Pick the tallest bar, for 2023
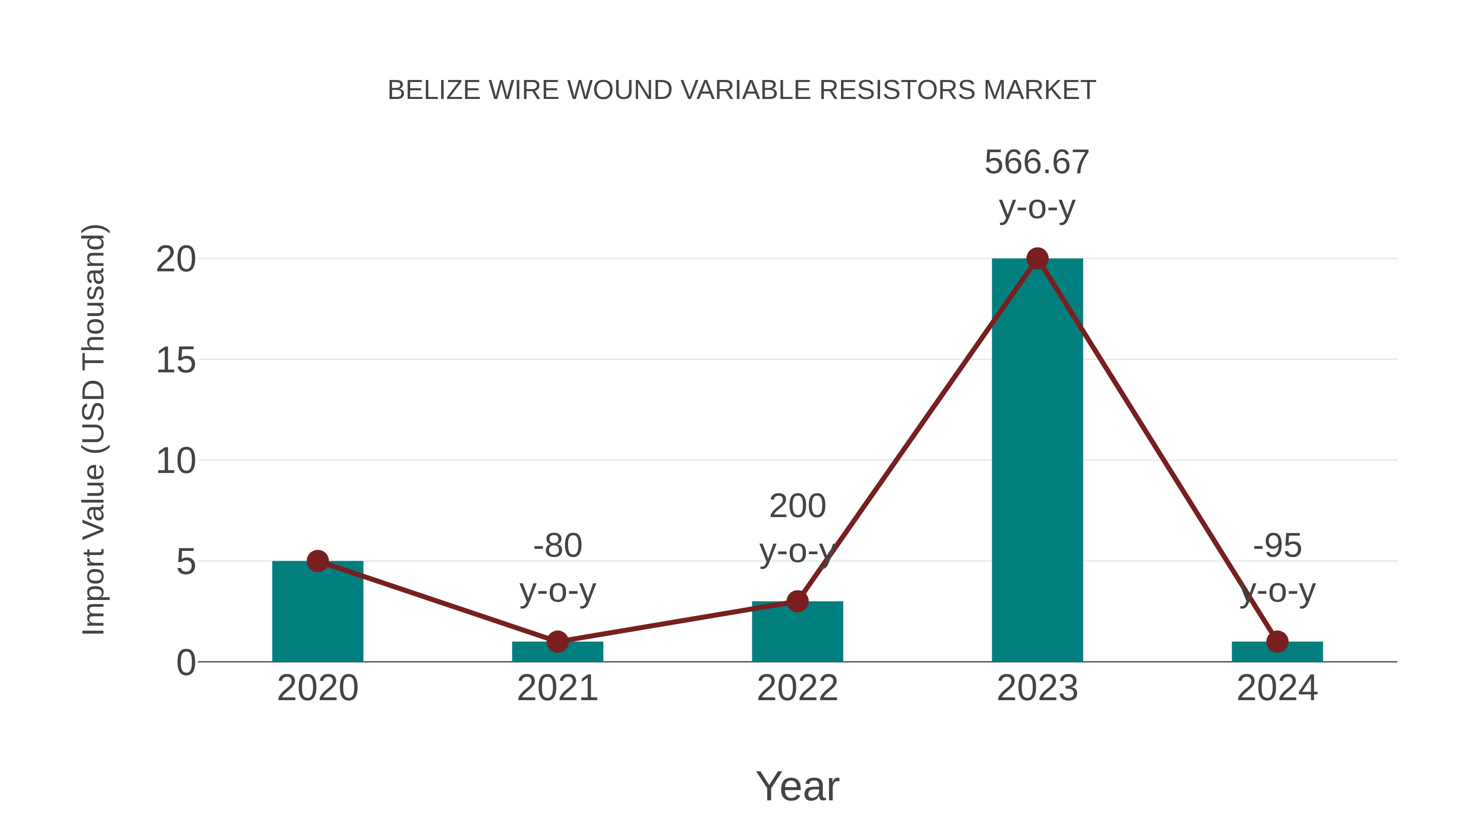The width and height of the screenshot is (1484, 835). pyautogui.click(x=1037, y=461)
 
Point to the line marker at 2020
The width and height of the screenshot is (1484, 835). pyautogui.click(x=317, y=561)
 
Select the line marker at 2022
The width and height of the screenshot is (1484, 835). pyautogui.click(x=797, y=601)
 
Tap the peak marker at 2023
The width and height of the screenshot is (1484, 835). pyautogui.click(x=1037, y=259)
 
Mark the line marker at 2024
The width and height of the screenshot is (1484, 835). pyautogui.click(x=1277, y=641)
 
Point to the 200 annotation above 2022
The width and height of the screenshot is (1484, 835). pyautogui.click(x=797, y=506)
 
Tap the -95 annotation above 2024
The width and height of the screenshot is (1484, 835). pyautogui.click(x=1277, y=545)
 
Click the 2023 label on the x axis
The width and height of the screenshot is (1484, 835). pyautogui.click(x=1037, y=688)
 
